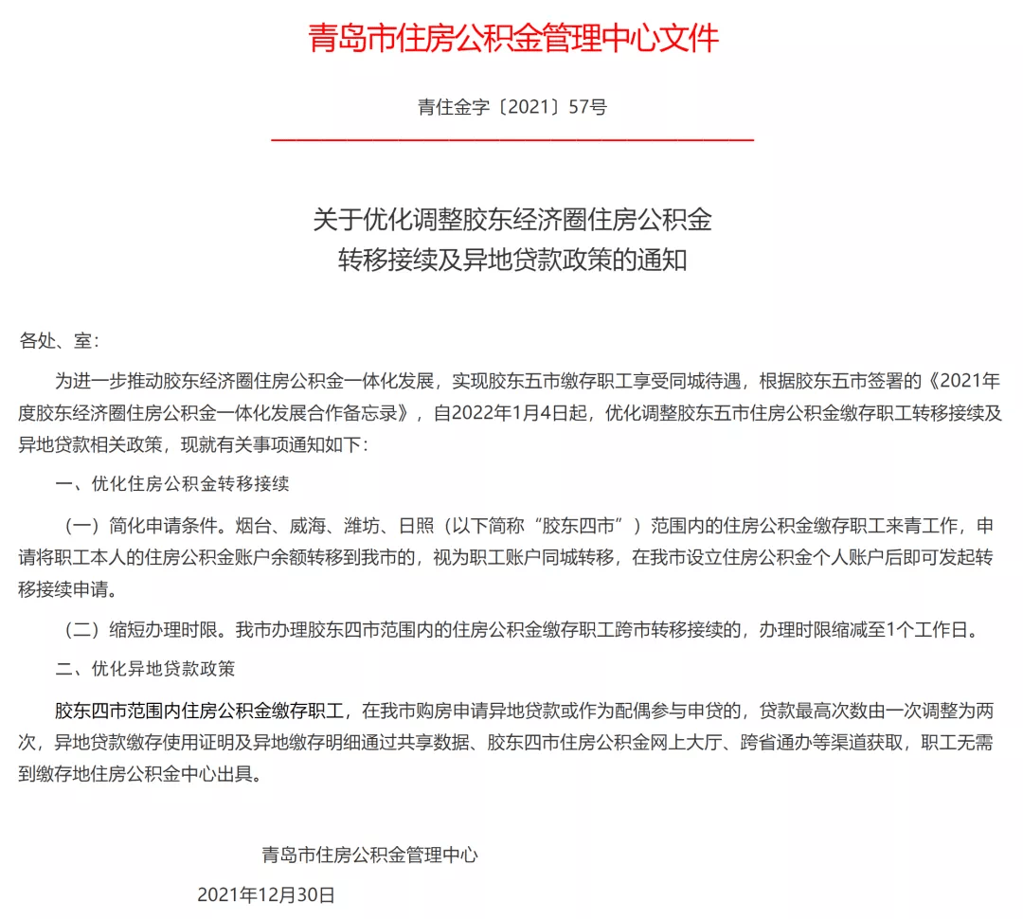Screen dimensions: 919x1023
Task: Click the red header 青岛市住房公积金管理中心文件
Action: tap(512, 38)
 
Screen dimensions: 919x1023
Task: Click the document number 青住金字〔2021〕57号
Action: tap(512, 107)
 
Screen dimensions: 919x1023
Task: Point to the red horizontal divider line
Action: tap(512, 140)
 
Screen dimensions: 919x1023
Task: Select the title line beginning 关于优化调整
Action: tap(512, 221)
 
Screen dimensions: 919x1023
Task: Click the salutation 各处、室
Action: tap(59, 341)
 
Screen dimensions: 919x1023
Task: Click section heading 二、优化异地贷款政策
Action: tap(145, 668)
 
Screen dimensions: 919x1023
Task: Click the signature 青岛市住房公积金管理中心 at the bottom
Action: tap(370, 856)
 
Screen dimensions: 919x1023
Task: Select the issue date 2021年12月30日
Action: tap(266, 894)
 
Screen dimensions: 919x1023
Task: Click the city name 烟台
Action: tap(250, 526)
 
